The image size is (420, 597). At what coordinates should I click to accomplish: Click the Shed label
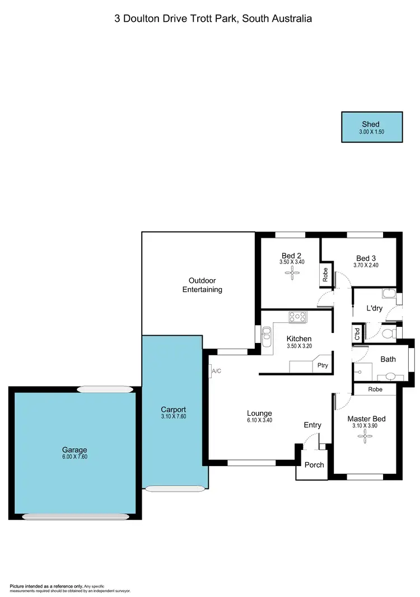(370, 124)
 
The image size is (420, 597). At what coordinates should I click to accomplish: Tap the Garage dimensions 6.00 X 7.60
(74, 457)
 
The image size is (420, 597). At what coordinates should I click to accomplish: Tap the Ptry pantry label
(322, 365)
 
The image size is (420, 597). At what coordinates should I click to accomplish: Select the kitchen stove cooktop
(298, 317)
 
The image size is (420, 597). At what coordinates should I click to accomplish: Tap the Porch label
(314, 464)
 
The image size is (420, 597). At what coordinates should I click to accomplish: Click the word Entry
(312, 425)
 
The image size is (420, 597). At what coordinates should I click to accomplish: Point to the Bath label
(388, 359)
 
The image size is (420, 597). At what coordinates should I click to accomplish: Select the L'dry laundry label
(374, 308)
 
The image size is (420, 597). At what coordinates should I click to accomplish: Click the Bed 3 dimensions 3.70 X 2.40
(366, 265)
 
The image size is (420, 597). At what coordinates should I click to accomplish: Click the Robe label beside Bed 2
(325, 275)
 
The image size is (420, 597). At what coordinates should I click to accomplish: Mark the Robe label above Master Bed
(375, 389)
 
